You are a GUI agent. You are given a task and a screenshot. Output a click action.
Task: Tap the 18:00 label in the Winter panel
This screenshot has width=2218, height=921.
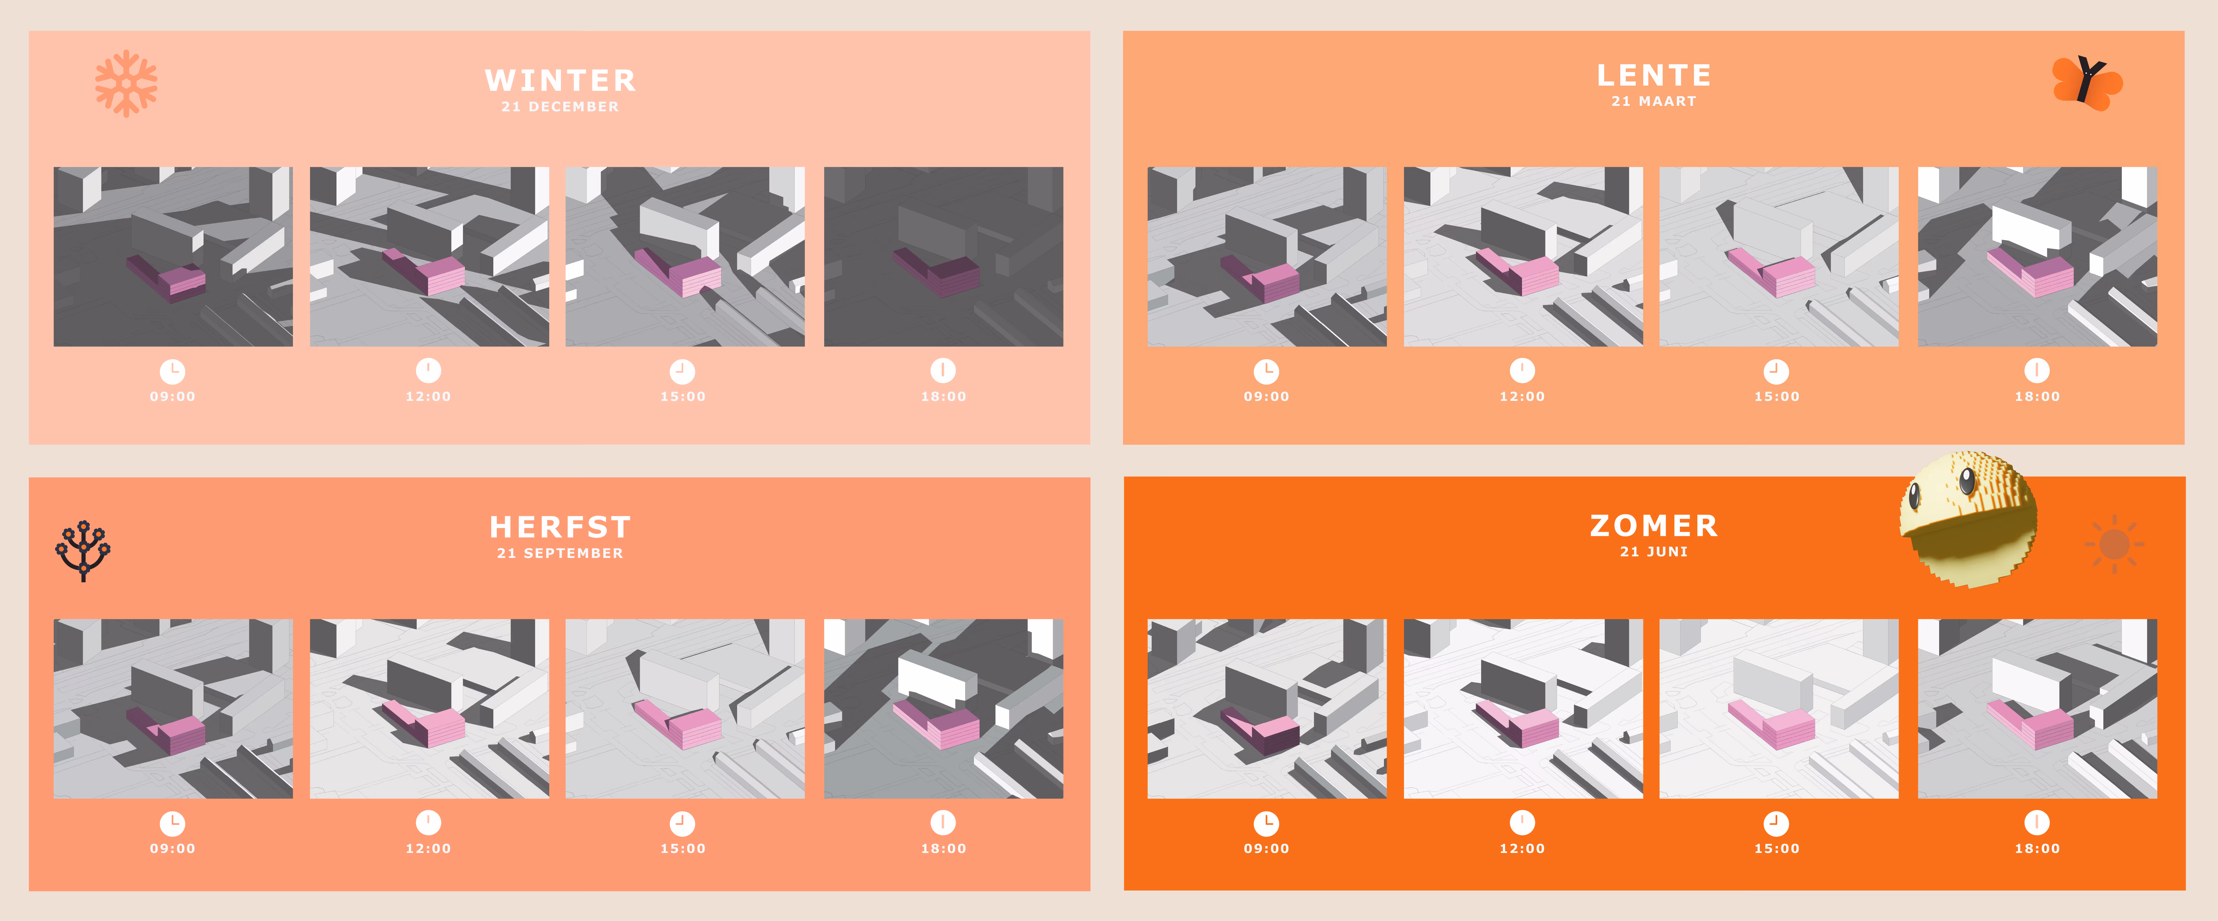coord(944,396)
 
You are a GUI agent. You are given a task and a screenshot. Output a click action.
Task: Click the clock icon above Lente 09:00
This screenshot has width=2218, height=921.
coord(1267,371)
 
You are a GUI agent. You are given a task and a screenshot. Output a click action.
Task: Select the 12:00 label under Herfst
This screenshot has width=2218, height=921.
coord(429,849)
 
